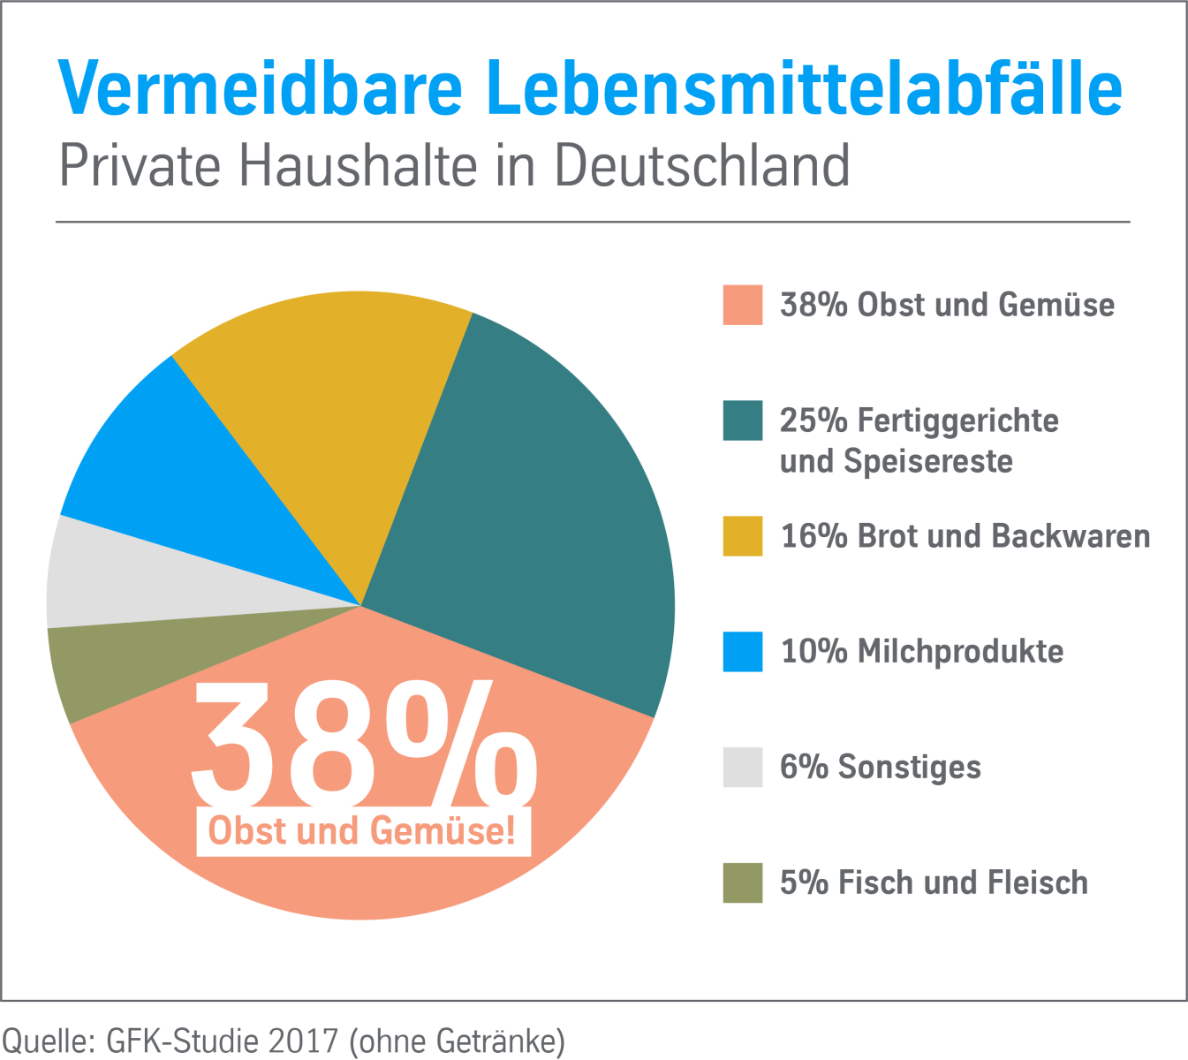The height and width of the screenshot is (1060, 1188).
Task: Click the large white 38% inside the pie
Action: (x=362, y=742)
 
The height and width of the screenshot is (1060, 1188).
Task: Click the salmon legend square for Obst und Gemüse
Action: (x=742, y=305)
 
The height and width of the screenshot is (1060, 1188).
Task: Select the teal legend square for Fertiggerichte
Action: (x=742, y=420)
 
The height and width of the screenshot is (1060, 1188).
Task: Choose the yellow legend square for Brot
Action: (x=742, y=536)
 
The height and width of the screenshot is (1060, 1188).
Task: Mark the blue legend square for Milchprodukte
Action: (x=742, y=652)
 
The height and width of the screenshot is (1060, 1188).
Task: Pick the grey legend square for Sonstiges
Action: (x=742, y=767)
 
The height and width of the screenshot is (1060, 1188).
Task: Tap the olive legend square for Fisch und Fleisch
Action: (x=742, y=882)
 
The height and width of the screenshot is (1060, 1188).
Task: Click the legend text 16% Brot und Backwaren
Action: (x=965, y=536)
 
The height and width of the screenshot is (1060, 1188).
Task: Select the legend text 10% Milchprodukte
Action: (x=921, y=652)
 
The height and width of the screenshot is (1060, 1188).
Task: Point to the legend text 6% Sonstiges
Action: (x=880, y=767)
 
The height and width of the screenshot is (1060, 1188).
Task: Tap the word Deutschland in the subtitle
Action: (x=702, y=165)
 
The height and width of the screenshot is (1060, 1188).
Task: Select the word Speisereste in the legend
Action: (x=927, y=461)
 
